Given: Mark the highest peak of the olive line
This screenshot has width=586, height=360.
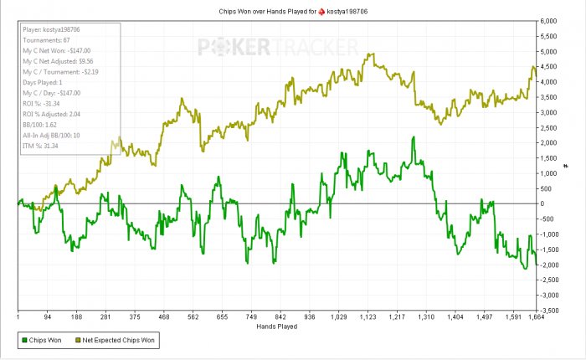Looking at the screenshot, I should click(x=368, y=54).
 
